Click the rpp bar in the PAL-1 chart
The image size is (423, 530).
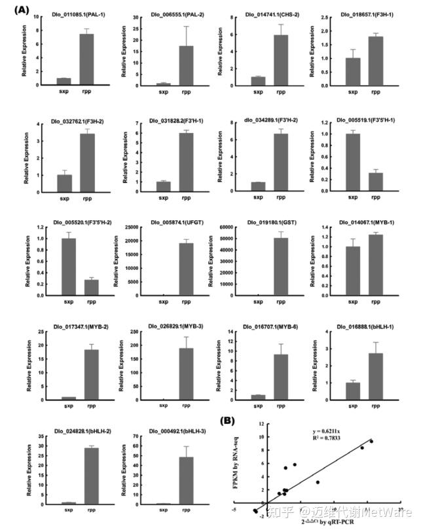click(x=86, y=60)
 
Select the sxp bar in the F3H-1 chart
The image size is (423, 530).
click(x=353, y=71)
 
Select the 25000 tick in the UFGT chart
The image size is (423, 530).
click(x=136, y=227)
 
